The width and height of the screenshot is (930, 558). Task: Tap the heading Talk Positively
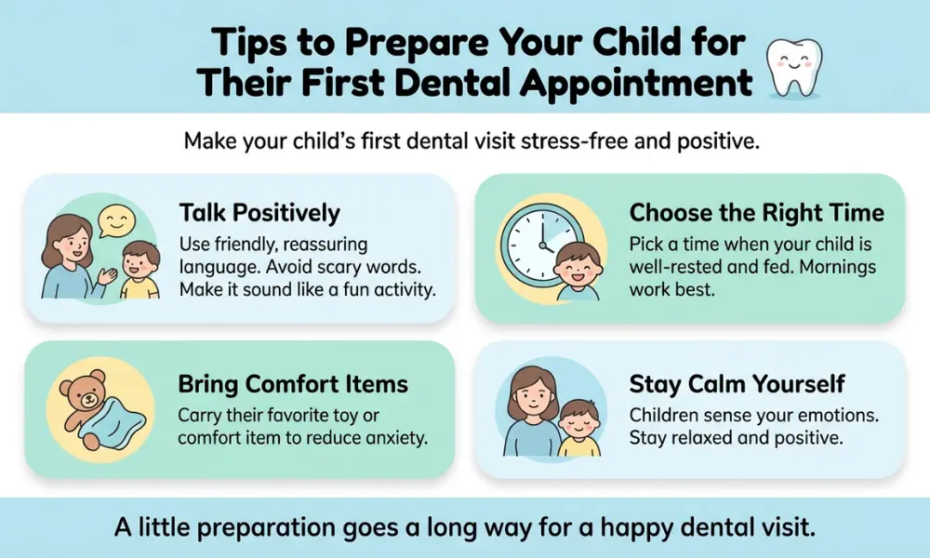(259, 213)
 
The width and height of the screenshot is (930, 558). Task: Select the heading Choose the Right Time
(756, 213)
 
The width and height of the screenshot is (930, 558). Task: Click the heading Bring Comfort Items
(294, 383)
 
